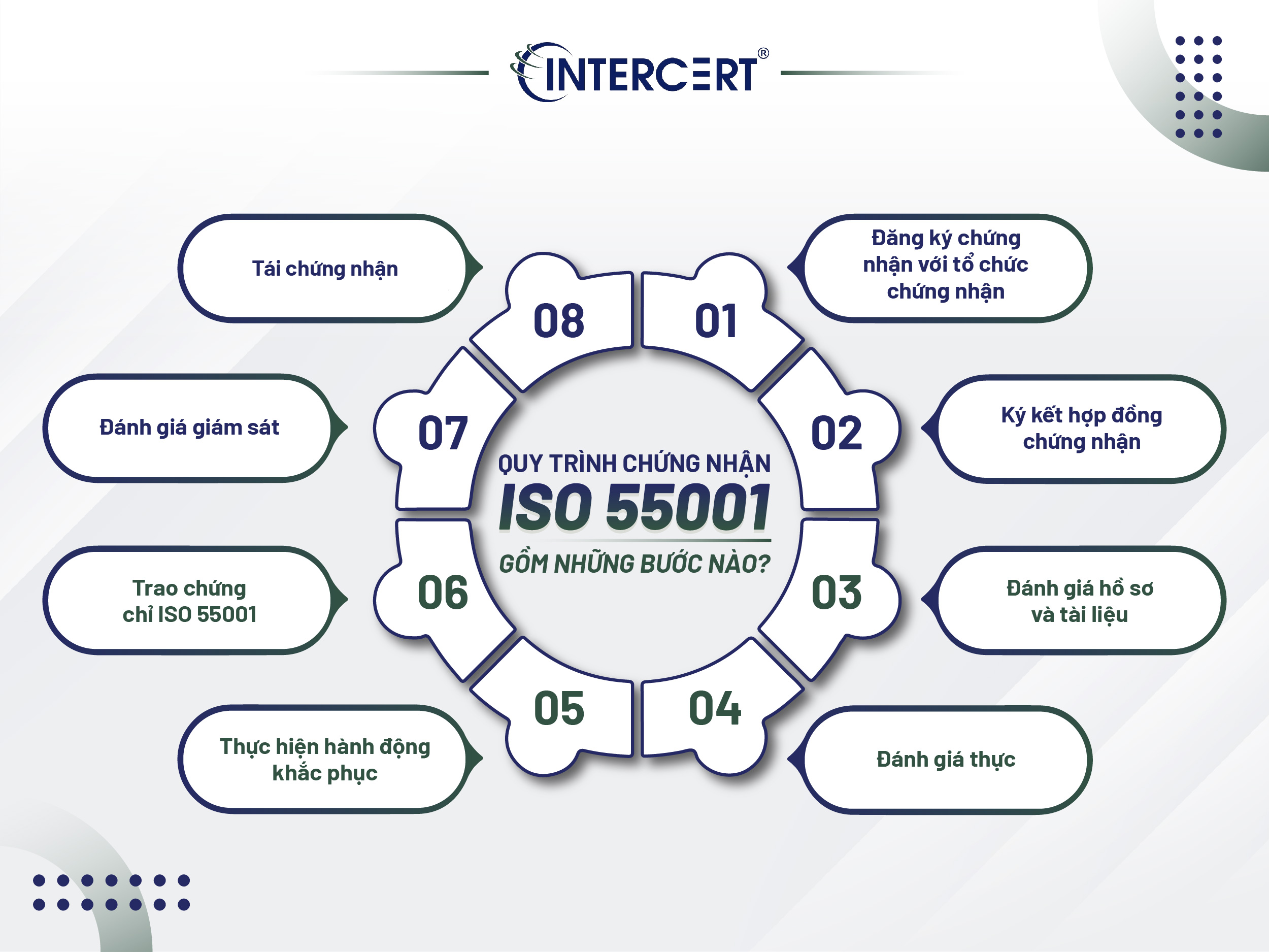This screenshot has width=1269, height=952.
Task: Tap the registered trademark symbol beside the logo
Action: point(763,53)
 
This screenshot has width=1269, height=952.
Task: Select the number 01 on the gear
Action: point(715,321)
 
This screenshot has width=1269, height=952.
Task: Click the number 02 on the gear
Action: point(836,433)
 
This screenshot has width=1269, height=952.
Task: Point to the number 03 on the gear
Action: point(836,592)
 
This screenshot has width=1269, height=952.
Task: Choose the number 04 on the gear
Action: point(715,708)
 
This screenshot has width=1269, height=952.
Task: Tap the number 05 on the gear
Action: point(559,708)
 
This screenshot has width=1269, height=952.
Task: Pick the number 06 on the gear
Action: point(443,592)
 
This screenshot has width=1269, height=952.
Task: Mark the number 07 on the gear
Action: point(443,433)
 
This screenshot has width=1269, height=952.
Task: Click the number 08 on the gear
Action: point(559,321)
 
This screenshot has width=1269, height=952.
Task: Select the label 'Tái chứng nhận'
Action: point(325,269)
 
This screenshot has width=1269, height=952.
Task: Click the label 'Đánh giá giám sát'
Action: point(189,428)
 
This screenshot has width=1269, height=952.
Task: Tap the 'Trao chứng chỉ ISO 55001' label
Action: point(189,601)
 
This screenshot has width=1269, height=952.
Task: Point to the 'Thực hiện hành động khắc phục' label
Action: point(325,759)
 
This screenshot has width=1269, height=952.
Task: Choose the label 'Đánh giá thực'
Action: point(946,759)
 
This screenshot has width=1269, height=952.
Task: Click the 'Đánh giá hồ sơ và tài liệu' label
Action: point(1080,601)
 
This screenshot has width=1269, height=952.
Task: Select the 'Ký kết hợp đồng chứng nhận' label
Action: point(1081,428)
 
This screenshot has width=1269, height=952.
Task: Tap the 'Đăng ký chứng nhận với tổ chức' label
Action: point(946,265)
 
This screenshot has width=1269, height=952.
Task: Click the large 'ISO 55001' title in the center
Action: point(634,507)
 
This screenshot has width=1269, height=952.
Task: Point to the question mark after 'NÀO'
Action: point(763,564)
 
